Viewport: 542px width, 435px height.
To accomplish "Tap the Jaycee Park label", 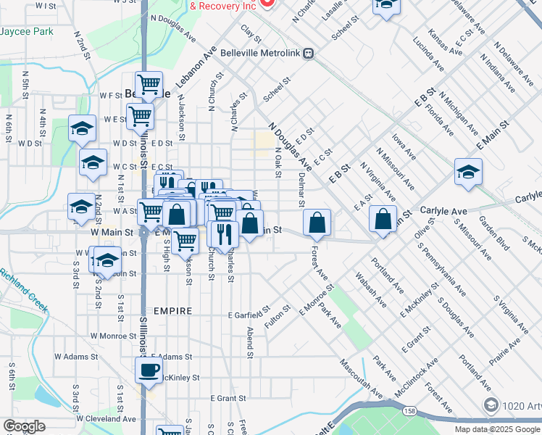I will pyautogui.click(x=27, y=32).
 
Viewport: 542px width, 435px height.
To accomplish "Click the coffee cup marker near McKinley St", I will pyautogui.click(x=149, y=370).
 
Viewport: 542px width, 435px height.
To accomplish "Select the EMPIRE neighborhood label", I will pyautogui.click(x=172, y=311).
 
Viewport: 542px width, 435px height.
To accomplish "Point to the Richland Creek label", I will pyautogui.click(x=24, y=291).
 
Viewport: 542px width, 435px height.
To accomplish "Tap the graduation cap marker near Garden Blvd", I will pyautogui.click(x=468, y=173).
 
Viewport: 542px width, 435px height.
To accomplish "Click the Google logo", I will pyautogui.click(x=24, y=426).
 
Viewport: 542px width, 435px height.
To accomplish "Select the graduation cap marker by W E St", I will pyautogui.click(x=82, y=128).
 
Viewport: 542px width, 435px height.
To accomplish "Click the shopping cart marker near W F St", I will pyautogui.click(x=149, y=84).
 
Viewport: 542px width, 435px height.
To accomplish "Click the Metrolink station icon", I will pyautogui.click(x=309, y=52).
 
